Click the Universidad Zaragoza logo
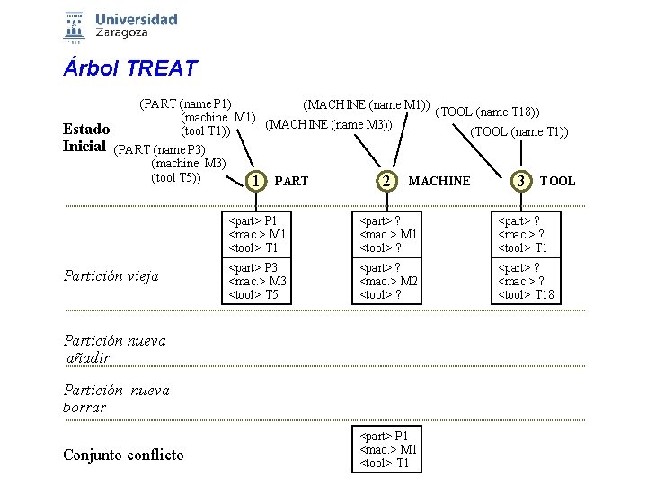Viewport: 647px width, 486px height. click(x=120, y=26)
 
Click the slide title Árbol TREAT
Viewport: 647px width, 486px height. click(x=129, y=67)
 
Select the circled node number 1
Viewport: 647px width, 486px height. click(x=257, y=181)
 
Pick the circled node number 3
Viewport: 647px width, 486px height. click(x=520, y=181)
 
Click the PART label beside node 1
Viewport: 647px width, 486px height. click(x=291, y=181)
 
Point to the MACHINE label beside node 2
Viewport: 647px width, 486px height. click(x=439, y=181)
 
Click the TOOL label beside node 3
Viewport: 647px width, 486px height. click(x=557, y=181)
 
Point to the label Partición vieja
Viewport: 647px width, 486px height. click(x=111, y=276)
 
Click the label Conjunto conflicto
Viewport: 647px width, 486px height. click(x=123, y=454)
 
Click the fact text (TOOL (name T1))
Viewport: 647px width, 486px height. click(x=520, y=131)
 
